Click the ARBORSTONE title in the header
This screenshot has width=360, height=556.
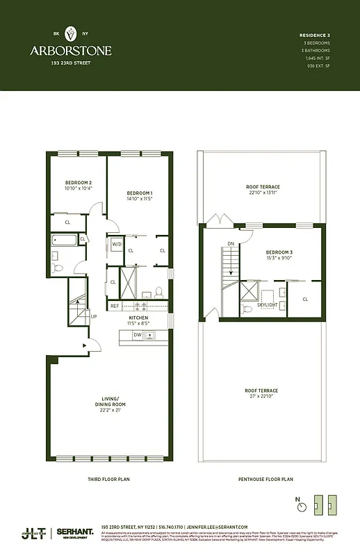tap(70, 51)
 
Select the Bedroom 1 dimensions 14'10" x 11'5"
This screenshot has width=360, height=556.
tap(139, 199)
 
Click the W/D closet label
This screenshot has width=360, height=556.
tap(116, 244)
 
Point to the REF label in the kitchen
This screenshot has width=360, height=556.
tap(114, 305)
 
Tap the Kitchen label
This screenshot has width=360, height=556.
tap(139, 318)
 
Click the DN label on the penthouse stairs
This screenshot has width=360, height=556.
tap(231, 244)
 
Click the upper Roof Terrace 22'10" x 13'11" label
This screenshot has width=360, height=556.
tap(263, 190)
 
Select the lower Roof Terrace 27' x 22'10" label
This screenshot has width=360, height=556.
tap(263, 395)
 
